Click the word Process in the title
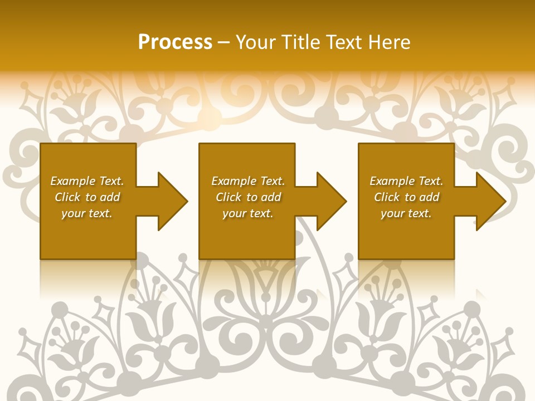175,42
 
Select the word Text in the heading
344,42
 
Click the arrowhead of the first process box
170,201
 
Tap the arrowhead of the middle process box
329,201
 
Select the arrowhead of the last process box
488,201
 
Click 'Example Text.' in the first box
87,181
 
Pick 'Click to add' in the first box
87,197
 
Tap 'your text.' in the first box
87,213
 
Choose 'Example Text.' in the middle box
248,181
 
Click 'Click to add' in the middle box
248,197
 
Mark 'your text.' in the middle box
247,213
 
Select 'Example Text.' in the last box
406,181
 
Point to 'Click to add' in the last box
406,197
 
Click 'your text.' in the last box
406,213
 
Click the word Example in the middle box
234,181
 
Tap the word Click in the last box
387,197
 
